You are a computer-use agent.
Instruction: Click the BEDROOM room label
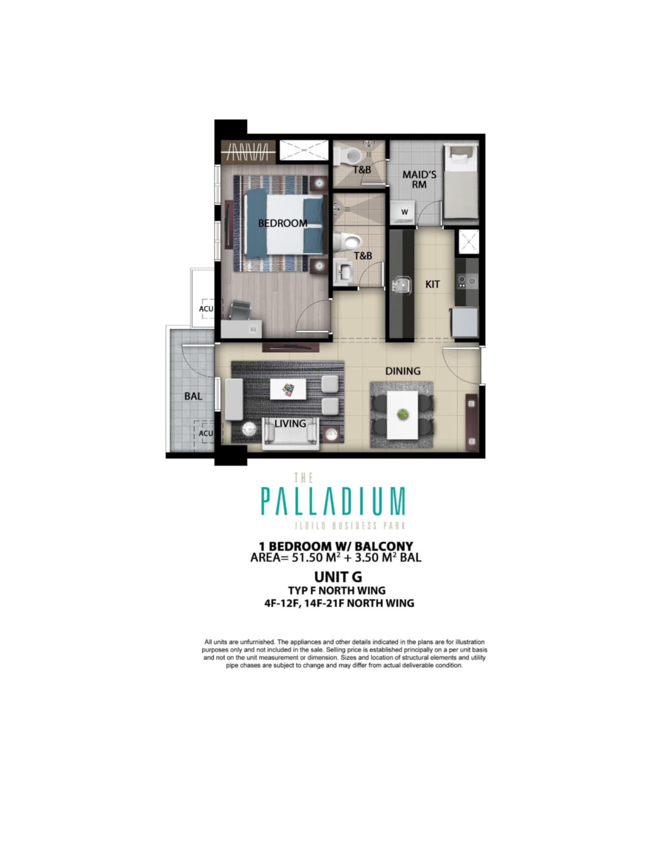[283, 223]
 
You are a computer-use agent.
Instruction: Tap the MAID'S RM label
[419, 179]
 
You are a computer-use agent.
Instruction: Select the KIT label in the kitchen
[433, 284]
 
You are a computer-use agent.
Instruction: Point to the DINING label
[403, 371]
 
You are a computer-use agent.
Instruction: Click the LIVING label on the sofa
[290, 424]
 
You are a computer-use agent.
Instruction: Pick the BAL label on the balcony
[193, 396]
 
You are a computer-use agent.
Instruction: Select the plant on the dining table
[403, 414]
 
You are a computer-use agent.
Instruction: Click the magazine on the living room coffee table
[288, 389]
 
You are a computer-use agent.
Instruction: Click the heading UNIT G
[338, 577]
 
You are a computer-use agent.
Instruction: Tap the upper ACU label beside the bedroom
[206, 309]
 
